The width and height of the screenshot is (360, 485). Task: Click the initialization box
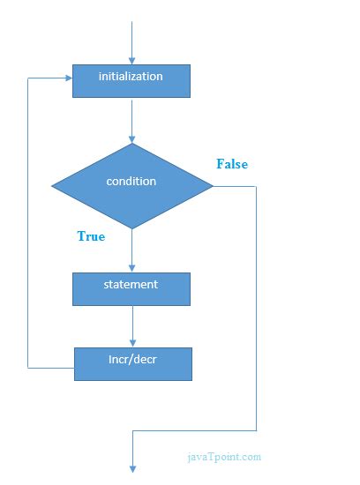131,80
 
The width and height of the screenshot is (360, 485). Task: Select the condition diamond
132,185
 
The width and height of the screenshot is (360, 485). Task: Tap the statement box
131,288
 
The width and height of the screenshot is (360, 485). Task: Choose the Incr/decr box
132,363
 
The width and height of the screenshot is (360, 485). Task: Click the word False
232,164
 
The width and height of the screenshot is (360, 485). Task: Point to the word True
91,236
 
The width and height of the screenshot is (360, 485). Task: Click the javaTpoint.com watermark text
224,457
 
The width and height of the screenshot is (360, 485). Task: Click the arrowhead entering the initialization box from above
131,59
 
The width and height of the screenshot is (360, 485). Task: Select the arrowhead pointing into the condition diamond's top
132,138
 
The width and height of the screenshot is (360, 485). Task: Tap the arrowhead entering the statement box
132,267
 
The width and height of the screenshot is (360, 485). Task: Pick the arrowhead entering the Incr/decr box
132,342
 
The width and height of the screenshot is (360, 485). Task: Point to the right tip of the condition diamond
212,185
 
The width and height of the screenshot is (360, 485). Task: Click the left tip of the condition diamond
53,185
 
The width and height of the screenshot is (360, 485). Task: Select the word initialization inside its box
131,76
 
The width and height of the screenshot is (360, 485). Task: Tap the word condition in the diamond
131,181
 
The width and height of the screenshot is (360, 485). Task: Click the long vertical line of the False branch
256,309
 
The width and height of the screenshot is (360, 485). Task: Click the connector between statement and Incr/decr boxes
132,324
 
